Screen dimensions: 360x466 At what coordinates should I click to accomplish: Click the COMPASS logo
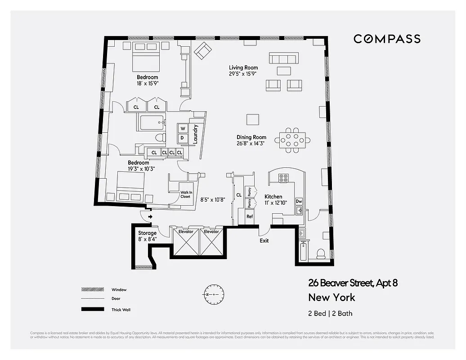tap(387, 39)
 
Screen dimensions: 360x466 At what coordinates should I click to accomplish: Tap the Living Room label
tap(243, 68)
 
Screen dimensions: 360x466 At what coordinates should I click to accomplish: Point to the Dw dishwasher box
tap(299, 201)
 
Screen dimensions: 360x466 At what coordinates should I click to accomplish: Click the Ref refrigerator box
tap(249, 216)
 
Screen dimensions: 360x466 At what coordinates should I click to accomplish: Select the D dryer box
tap(183, 138)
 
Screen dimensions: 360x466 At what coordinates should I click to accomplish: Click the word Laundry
tap(195, 134)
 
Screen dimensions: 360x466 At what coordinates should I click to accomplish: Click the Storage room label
tap(148, 233)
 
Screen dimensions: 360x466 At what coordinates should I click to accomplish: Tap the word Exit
tap(264, 241)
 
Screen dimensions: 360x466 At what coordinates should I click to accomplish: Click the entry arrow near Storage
tap(150, 217)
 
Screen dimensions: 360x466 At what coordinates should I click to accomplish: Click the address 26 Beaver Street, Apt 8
tap(353, 283)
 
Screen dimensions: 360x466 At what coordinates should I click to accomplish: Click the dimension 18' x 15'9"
tap(148, 83)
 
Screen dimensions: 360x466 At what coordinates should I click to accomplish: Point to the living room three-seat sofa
tap(283, 58)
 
